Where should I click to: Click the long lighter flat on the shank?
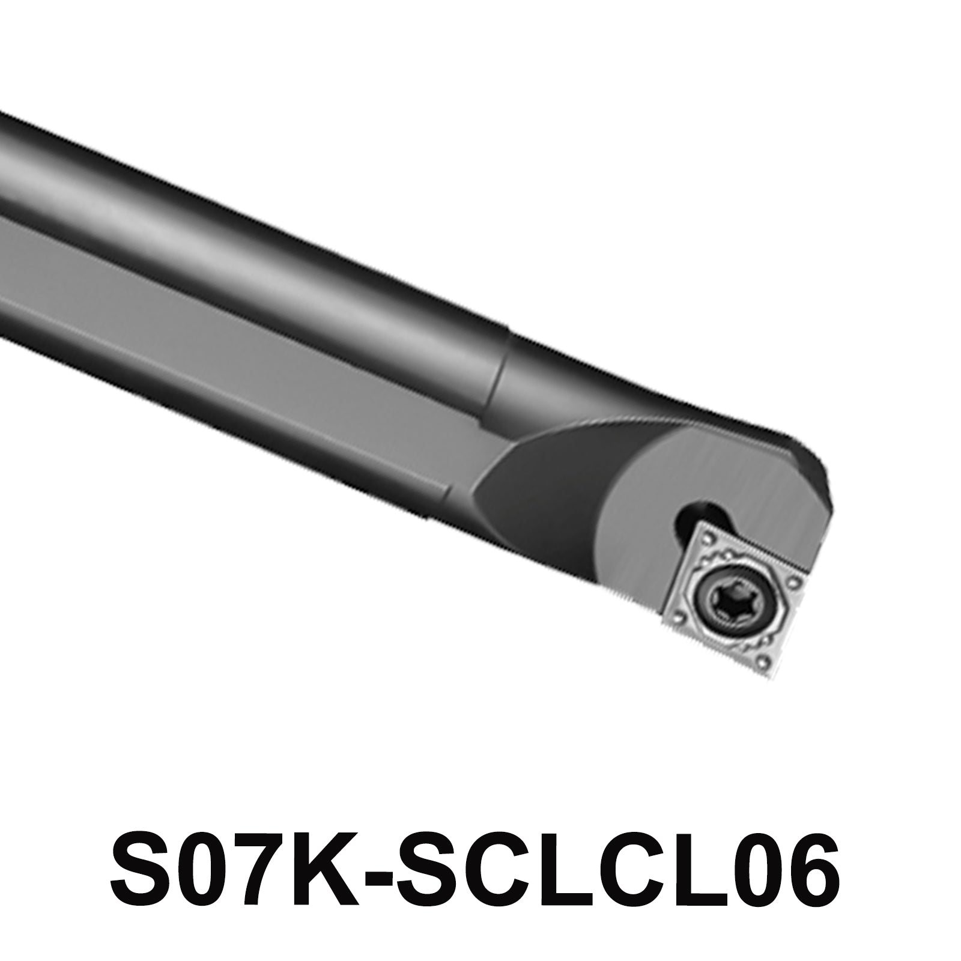tap(240, 336)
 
